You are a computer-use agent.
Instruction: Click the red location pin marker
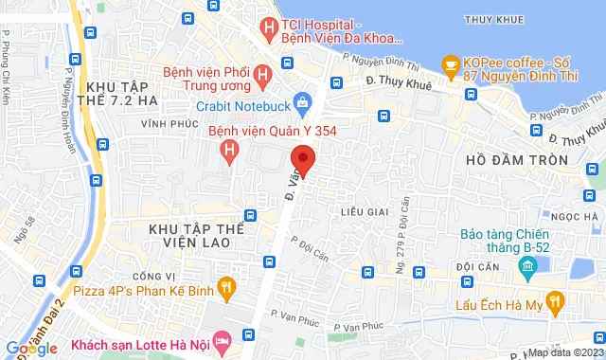(x=302, y=158)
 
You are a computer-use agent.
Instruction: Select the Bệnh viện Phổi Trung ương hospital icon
(x=262, y=70)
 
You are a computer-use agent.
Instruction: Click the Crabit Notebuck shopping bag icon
(x=301, y=99)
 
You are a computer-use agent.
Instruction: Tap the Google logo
(x=31, y=349)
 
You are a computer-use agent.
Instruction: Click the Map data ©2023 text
(x=563, y=352)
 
